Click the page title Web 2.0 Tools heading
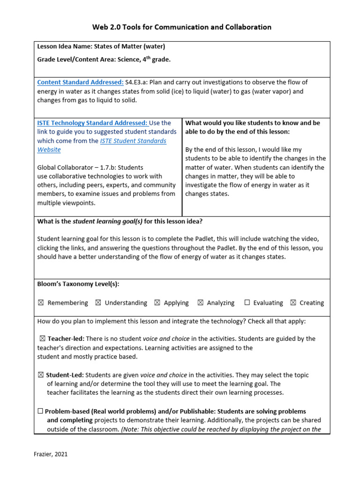coord(181,27)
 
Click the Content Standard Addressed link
coord(80,82)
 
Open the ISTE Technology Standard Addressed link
coord(92,123)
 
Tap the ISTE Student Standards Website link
coord(133,141)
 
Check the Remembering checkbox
coord(41,303)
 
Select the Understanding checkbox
coord(98,303)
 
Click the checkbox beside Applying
coord(157,303)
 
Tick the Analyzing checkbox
coord(200,303)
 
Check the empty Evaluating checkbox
coord(247,303)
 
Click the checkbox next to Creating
coord(293,303)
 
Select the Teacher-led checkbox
coord(43,338)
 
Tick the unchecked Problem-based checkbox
coord(40,411)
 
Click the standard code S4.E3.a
coord(136,82)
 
